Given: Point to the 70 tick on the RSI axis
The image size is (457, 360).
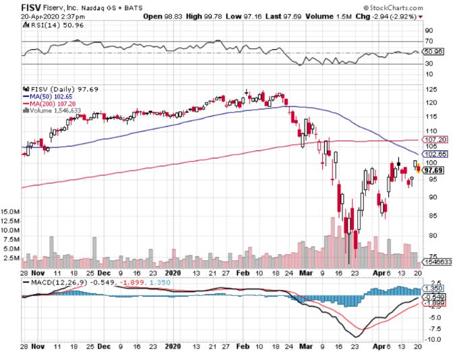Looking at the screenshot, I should click(x=427, y=42).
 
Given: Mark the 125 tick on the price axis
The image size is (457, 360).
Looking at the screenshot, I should click(x=428, y=90).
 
